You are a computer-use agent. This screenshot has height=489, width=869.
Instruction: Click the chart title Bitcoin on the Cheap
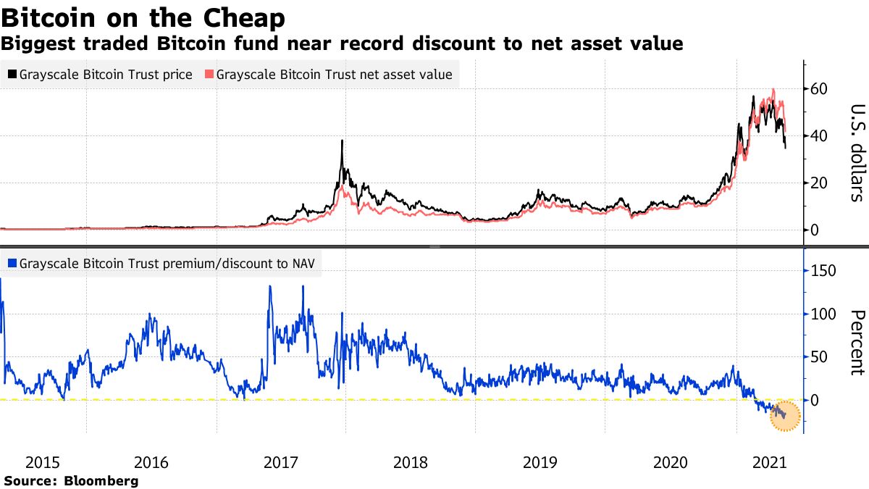click(x=143, y=17)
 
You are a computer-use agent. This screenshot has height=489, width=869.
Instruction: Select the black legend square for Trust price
click(x=12, y=75)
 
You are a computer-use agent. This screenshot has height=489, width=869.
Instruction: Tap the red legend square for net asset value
click(x=210, y=75)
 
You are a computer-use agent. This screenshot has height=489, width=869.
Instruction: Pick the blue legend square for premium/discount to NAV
click(x=12, y=264)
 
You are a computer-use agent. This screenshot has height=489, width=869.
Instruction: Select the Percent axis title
click(x=857, y=342)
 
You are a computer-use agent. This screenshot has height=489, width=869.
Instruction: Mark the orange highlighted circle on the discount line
click(x=784, y=416)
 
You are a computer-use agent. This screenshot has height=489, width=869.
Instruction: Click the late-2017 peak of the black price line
click(x=341, y=142)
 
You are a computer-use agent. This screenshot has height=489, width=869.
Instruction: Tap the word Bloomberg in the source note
click(x=101, y=480)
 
